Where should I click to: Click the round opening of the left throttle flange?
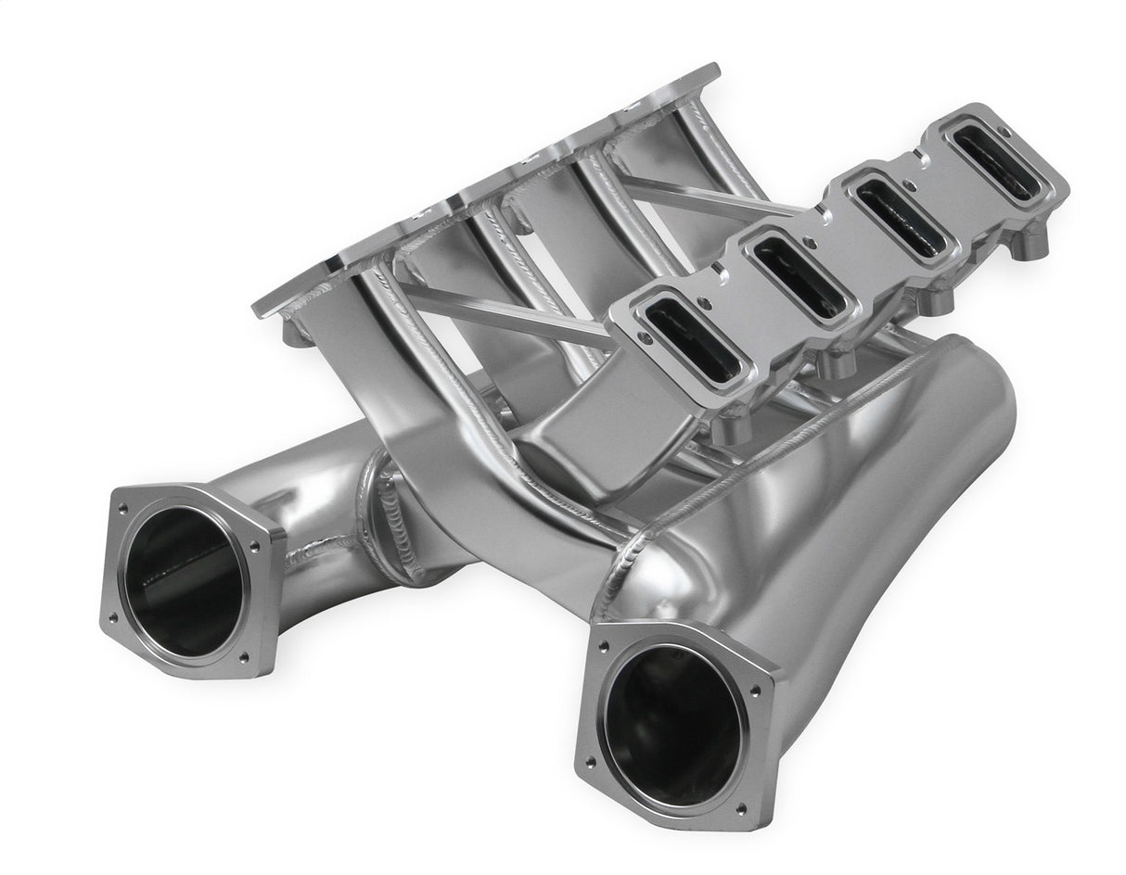click(186, 580)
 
